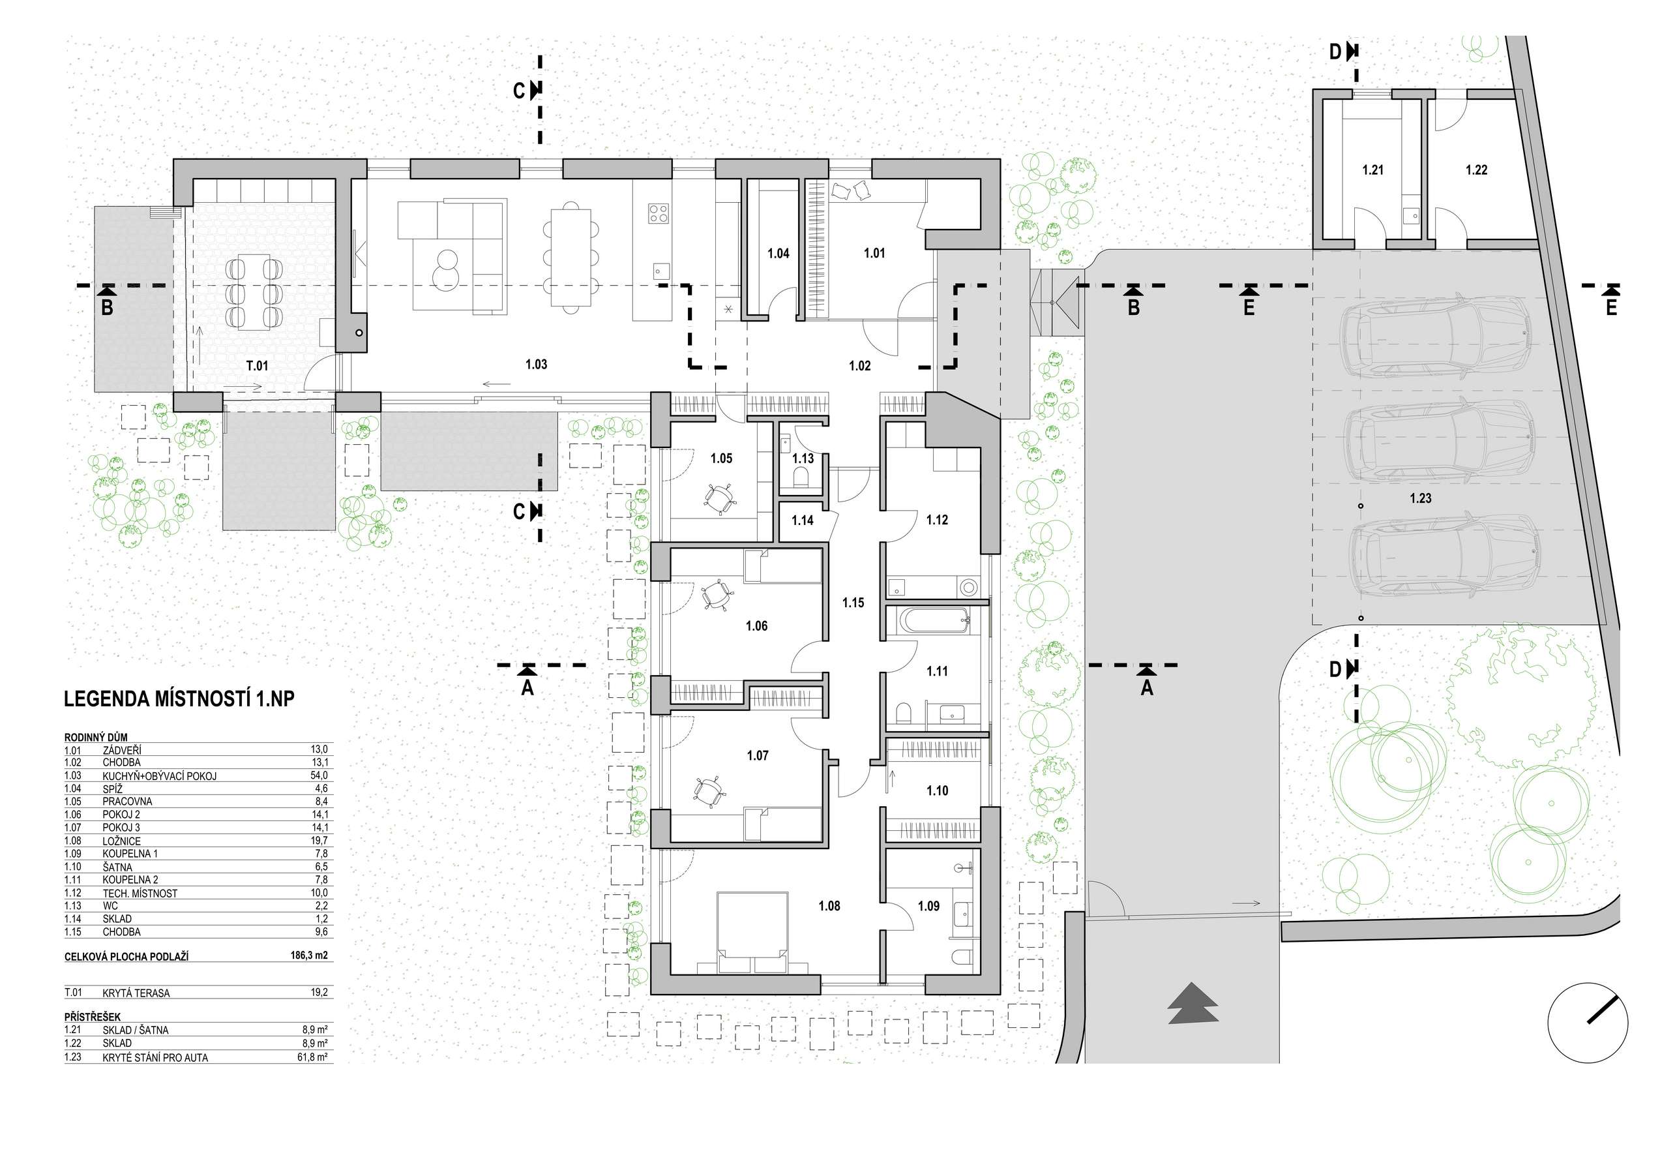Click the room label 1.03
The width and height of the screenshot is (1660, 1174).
click(536, 365)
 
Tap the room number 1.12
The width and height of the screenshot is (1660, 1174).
click(937, 520)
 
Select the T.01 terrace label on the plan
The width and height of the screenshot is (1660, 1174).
click(257, 366)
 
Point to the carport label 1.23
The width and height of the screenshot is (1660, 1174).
click(1421, 498)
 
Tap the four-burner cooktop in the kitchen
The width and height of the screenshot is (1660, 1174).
click(658, 213)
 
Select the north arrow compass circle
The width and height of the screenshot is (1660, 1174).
click(1588, 1023)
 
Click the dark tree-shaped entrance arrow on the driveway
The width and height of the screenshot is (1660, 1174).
click(1193, 1003)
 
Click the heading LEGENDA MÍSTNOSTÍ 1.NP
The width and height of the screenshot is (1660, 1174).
click(179, 699)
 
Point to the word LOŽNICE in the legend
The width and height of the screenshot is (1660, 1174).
click(121, 841)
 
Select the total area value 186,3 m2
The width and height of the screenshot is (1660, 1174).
click(308, 956)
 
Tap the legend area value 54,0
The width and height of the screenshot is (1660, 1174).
click(319, 775)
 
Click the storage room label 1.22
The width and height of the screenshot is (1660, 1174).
click(1476, 170)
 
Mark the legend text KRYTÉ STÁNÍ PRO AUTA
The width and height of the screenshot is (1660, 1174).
click(155, 1057)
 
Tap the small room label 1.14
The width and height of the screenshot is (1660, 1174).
click(803, 520)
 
